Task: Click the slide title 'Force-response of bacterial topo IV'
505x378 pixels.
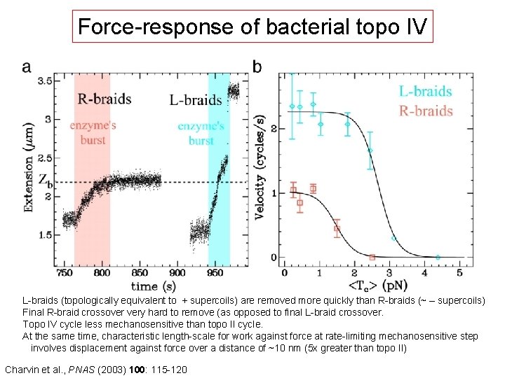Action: [x=252, y=27]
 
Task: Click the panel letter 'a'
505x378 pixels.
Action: [x=27, y=66]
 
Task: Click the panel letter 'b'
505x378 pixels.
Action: [x=257, y=66]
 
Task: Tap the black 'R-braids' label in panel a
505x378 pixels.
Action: [x=104, y=99]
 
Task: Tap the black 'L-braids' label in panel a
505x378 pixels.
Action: [x=196, y=100]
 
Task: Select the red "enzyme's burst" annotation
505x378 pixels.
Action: [x=93, y=132]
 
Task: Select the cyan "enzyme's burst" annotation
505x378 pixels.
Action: [x=201, y=133]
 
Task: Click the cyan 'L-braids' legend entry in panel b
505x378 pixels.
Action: [x=425, y=91]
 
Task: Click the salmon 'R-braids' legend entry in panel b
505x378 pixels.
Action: [x=425, y=111]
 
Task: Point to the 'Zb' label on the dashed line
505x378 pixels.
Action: [x=44, y=181]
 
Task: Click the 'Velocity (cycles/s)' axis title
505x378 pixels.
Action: [x=260, y=168]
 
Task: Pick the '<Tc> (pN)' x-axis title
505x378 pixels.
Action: [x=372, y=285]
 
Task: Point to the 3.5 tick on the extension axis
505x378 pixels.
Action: [x=44, y=81]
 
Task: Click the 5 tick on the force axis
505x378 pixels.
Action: [x=460, y=272]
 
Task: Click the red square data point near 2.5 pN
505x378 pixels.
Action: [x=372, y=257]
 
